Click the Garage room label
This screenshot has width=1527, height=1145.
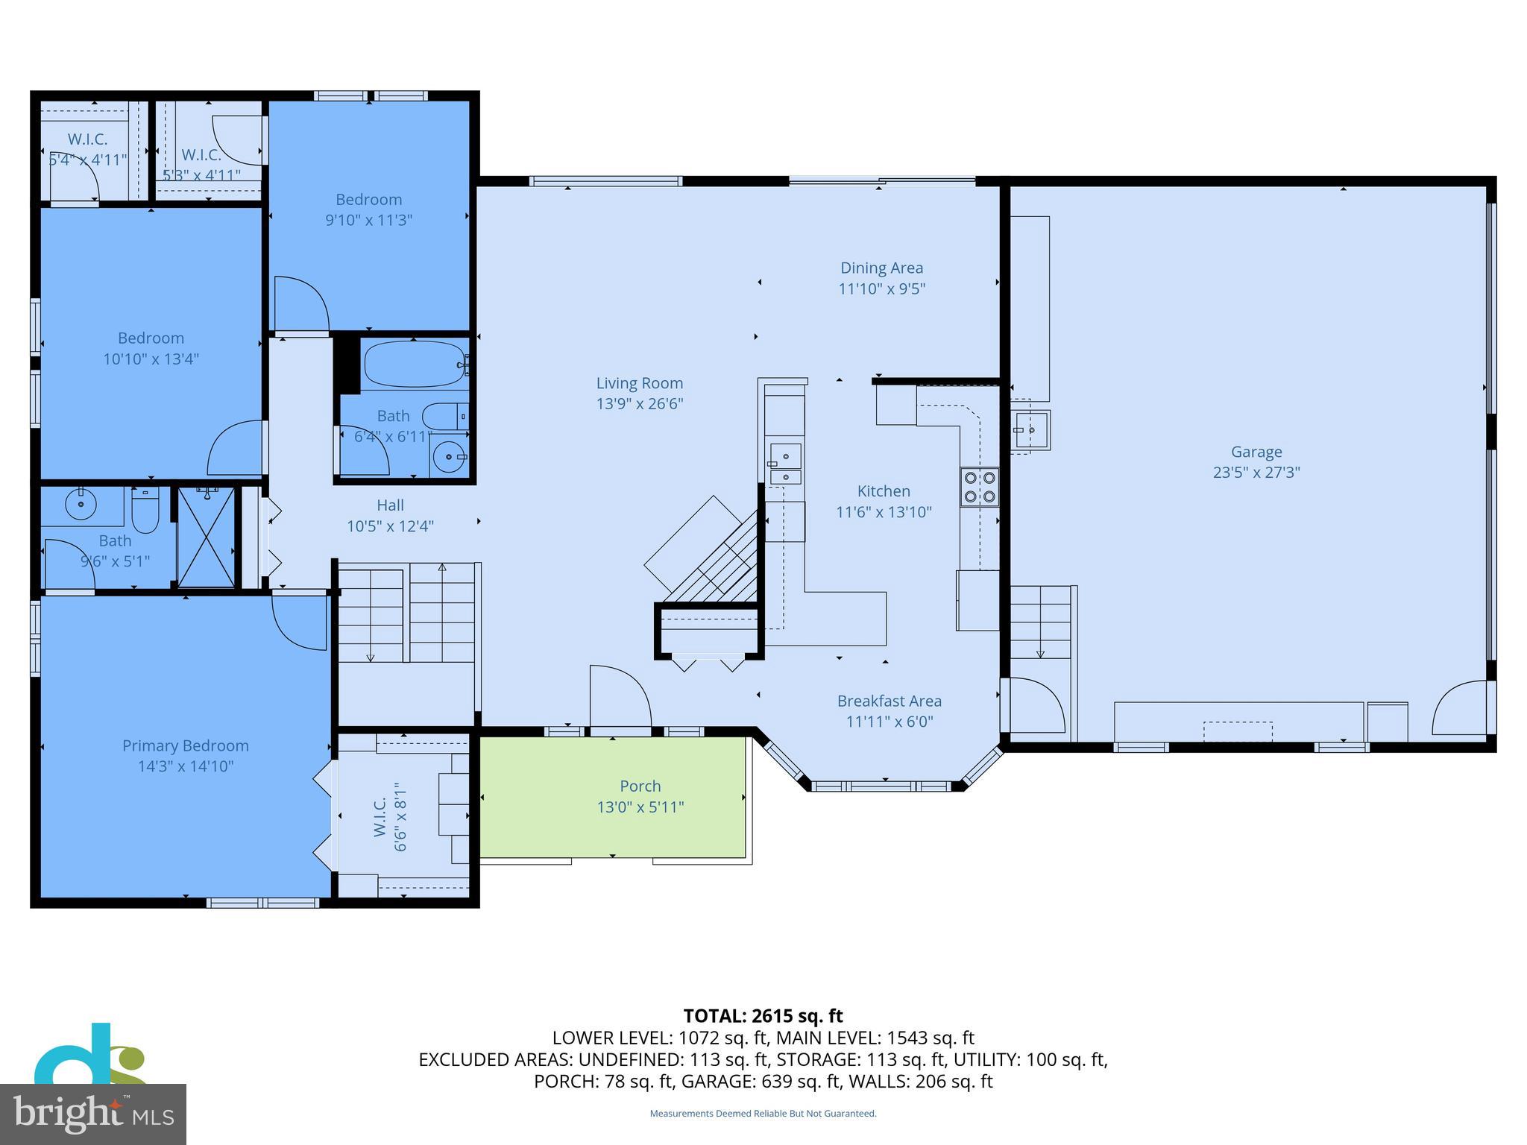1256,452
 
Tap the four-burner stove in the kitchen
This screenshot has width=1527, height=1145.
979,487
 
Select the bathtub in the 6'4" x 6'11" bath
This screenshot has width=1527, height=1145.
414,364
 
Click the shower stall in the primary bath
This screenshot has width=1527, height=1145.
207,537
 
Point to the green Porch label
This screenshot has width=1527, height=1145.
640,786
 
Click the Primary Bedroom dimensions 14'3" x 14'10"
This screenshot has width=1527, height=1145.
186,766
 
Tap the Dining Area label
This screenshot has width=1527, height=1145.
881,268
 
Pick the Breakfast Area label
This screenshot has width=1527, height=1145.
889,701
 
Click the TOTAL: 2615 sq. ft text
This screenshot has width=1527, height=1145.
763,1016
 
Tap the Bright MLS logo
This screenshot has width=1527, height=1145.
93,1114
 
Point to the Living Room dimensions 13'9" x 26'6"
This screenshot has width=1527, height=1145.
639,404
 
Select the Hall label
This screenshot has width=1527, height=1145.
390,505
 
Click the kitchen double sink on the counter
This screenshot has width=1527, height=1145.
785,464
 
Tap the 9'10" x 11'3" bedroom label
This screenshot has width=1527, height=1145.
368,200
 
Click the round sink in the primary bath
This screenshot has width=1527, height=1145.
81,505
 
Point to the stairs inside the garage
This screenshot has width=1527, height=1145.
1040,623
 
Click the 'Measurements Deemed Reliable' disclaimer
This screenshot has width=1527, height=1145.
763,1114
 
